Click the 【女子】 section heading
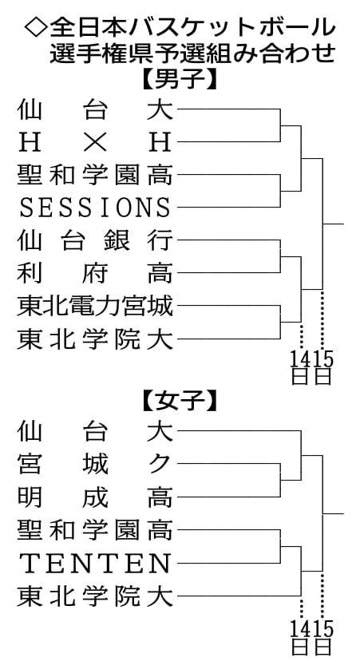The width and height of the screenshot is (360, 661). click(x=180, y=404)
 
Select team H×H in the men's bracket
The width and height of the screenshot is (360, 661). click(x=95, y=141)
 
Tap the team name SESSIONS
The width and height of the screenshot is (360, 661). click(x=95, y=208)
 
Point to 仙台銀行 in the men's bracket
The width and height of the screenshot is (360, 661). click(x=95, y=240)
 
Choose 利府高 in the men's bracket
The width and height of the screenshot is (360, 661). click(x=95, y=273)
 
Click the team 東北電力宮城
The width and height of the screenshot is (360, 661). click(x=95, y=306)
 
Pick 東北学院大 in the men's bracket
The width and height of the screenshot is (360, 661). click(x=95, y=339)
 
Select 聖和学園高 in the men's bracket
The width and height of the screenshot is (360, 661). click(x=95, y=175)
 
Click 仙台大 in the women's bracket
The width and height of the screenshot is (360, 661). click(x=95, y=431)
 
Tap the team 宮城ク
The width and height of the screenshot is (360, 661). click(x=95, y=464)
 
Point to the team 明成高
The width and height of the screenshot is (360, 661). click(x=95, y=497)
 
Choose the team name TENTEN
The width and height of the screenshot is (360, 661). click(x=95, y=563)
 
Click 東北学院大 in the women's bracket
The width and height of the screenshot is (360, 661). click(x=95, y=596)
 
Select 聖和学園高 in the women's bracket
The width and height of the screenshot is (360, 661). click(x=95, y=530)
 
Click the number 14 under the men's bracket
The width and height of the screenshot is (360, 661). click(x=301, y=359)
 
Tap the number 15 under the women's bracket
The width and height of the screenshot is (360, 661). click(x=323, y=630)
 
